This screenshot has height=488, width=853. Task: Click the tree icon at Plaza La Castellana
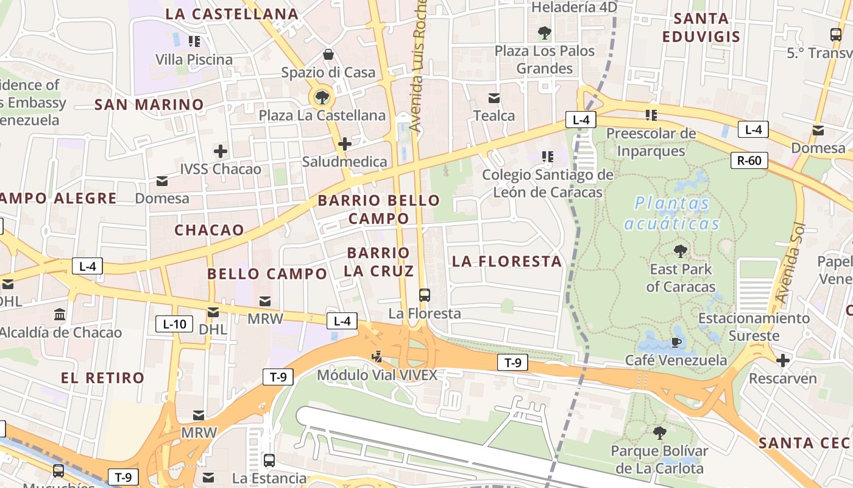click(322, 97)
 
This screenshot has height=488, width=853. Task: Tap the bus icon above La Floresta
click(425, 295)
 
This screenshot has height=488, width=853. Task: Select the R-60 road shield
click(749, 161)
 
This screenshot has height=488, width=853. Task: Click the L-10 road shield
click(174, 324)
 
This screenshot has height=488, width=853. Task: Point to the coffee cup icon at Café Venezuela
click(676, 342)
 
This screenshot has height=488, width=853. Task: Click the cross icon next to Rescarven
click(783, 361)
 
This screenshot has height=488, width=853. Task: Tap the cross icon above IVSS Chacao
click(221, 151)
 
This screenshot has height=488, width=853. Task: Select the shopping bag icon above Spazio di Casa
click(328, 54)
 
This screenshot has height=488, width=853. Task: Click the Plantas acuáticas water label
click(672, 213)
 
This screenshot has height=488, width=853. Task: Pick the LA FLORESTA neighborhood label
click(507, 262)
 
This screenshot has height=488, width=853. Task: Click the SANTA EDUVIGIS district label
click(701, 27)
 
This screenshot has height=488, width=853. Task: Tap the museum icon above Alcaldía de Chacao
click(60, 315)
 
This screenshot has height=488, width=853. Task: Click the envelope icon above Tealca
click(494, 98)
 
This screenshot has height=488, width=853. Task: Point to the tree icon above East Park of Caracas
click(681, 251)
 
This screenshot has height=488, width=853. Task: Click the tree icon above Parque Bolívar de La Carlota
click(659, 433)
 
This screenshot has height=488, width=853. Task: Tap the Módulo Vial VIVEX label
click(377, 375)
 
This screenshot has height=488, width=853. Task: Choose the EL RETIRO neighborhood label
click(102, 378)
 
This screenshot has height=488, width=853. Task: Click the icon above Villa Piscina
click(194, 41)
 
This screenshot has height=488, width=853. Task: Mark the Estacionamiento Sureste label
click(754, 326)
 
